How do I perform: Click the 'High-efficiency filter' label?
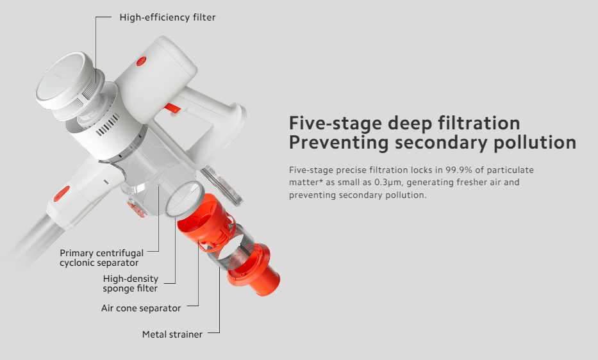(x=167, y=17)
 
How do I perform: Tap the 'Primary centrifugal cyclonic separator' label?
(x=101, y=258)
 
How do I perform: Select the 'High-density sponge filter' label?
(x=130, y=283)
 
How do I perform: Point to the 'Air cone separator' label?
(x=141, y=308)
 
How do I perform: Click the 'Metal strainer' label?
(x=172, y=334)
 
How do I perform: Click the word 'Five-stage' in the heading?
(x=335, y=123)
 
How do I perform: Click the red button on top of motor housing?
(x=142, y=61)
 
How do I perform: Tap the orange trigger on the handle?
(x=172, y=109)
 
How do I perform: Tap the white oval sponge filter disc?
(x=184, y=199)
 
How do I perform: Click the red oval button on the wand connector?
(x=62, y=193)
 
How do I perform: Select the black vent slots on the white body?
(x=108, y=126)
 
